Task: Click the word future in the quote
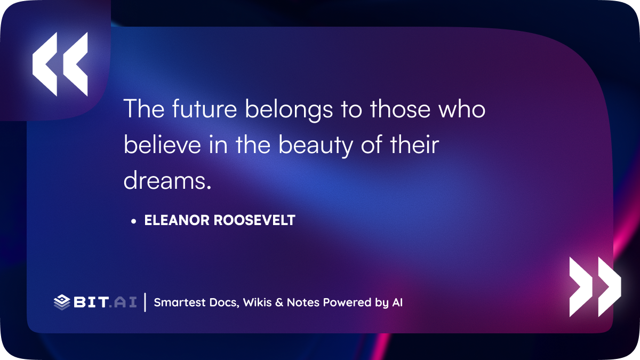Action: [204, 109]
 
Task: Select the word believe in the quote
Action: [162, 145]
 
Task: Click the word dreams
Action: [165, 181]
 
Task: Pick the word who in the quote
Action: [462, 109]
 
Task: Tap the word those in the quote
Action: [400, 109]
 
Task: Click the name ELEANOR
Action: [177, 220]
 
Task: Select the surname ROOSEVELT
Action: [254, 220]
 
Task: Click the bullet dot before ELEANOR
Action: [133, 221]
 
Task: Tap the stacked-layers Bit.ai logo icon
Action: [62, 302]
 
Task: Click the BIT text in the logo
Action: [91, 302]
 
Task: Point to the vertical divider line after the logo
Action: [145, 302]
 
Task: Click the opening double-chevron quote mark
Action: [60, 64]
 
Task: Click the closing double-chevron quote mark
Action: [595, 287]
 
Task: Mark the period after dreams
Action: [209, 188]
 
